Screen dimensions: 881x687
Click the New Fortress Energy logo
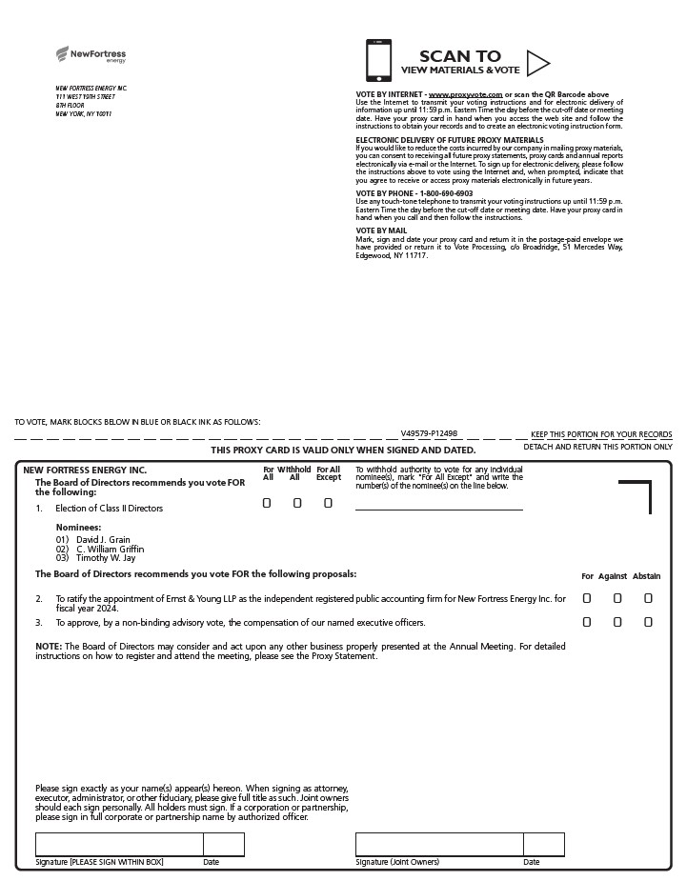[x=91, y=55]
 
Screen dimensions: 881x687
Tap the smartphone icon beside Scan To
[x=378, y=61]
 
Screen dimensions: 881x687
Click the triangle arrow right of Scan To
[x=537, y=63]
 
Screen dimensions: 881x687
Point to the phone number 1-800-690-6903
[x=446, y=193]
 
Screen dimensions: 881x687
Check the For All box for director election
[x=268, y=503]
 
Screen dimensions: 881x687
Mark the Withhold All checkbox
[x=297, y=503]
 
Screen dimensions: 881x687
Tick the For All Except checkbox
[x=328, y=503]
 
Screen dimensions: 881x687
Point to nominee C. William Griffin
[x=110, y=549]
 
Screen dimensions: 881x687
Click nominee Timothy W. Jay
[x=106, y=558]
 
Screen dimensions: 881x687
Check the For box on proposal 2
[x=587, y=598]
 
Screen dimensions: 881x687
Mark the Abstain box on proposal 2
[x=648, y=598]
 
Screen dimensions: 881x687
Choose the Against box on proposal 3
[x=617, y=622]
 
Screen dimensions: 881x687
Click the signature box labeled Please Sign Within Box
[x=119, y=845]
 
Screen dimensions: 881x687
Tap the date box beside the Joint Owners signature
[x=544, y=845]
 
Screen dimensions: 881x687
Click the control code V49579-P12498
[x=429, y=433]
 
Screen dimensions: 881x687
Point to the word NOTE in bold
[x=49, y=646]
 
